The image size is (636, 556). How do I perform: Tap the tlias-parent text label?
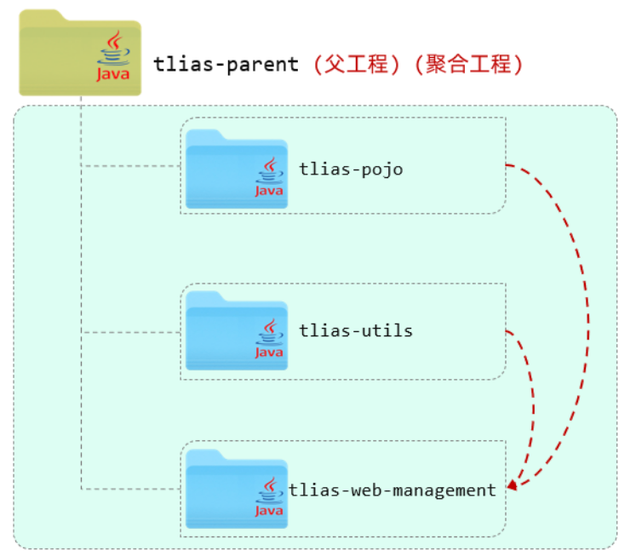(x=226, y=64)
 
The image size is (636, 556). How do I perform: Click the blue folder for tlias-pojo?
(x=221, y=170)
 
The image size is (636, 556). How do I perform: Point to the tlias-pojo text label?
(x=351, y=169)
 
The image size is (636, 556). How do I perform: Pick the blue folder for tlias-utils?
(x=221, y=332)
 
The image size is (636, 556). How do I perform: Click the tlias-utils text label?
(x=356, y=330)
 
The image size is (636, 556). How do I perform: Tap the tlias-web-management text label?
(x=392, y=490)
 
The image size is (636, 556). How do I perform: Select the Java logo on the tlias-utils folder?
(x=269, y=339)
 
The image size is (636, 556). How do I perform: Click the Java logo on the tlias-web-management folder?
(x=269, y=496)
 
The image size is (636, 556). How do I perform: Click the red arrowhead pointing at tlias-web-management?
(x=512, y=487)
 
